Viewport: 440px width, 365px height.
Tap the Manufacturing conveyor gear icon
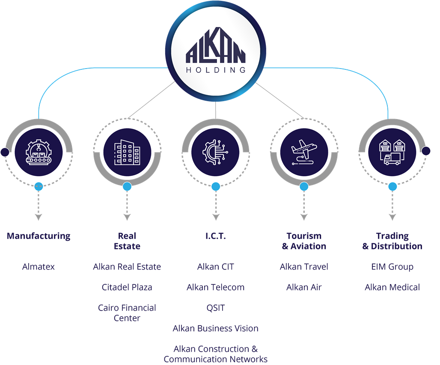click(39, 152)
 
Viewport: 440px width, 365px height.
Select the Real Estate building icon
click(127, 152)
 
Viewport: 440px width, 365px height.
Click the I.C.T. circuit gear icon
click(216, 152)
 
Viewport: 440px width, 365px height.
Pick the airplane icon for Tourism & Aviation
click(304, 152)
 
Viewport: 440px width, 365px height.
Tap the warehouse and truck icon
click(392, 152)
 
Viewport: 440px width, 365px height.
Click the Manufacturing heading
click(39, 236)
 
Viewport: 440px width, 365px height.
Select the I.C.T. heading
click(216, 236)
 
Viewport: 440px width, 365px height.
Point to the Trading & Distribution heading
click(392, 241)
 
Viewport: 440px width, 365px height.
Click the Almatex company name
click(39, 267)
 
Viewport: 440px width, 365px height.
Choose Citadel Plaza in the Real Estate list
click(127, 287)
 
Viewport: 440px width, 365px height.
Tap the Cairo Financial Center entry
click(127, 313)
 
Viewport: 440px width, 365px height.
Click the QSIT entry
click(216, 308)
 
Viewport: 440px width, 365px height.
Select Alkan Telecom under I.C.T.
click(216, 287)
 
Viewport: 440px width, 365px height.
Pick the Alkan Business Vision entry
click(216, 328)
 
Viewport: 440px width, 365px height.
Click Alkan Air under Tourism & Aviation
click(304, 287)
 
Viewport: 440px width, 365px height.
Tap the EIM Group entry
click(392, 267)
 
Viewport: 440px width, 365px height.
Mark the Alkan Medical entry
click(392, 287)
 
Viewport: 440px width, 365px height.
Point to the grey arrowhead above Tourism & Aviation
click(304, 217)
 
